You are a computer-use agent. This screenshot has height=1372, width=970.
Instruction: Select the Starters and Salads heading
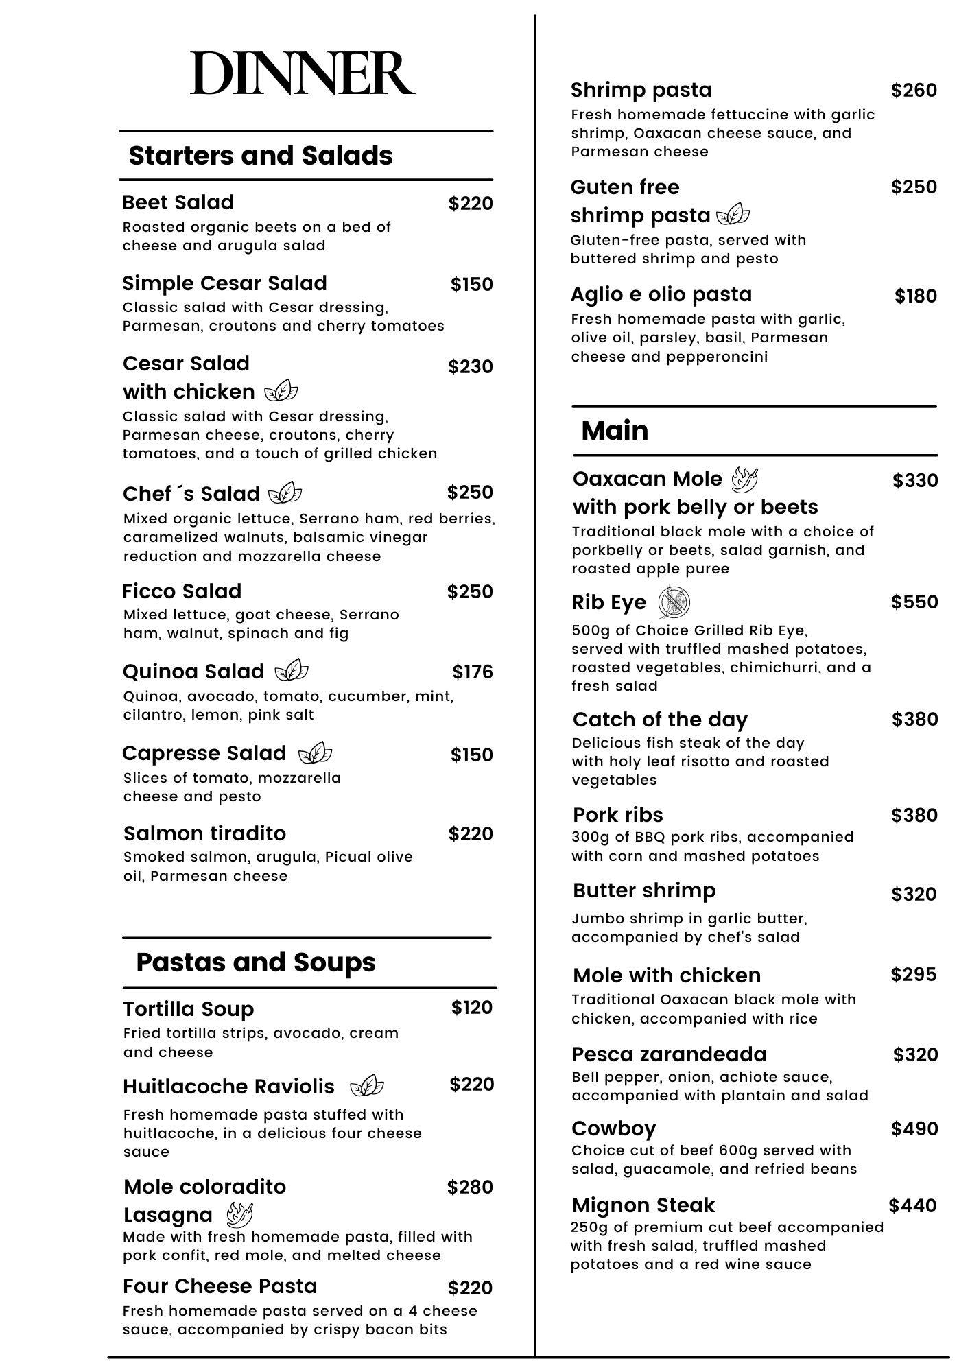[x=261, y=156]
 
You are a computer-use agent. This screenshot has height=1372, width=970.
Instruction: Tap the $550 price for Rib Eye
[x=914, y=602]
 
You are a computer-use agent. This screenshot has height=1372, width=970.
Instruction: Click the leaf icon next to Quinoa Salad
[x=292, y=670]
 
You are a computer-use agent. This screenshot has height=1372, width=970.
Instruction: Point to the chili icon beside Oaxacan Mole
[x=744, y=479]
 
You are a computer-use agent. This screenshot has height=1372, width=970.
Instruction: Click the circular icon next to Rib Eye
[x=674, y=602]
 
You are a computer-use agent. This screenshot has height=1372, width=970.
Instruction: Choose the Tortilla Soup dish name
[x=189, y=1009]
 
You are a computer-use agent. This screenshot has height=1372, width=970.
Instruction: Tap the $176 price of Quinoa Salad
[x=472, y=672]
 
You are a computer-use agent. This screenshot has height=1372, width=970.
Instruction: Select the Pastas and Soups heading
[x=256, y=962]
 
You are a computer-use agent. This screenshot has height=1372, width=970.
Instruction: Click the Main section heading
[x=615, y=431]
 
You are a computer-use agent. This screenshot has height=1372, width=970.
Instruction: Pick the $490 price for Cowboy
[x=914, y=1128]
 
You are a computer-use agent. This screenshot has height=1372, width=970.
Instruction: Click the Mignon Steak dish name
[x=643, y=1205]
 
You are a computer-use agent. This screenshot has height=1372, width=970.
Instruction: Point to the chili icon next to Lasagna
[x=239, y=1215]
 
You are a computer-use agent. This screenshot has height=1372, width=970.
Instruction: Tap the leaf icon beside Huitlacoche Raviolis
[x=367, y=1087]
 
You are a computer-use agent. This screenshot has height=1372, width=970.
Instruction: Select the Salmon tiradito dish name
[x=204, y=833]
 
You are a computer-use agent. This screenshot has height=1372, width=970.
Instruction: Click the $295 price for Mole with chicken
[x=914, y=974]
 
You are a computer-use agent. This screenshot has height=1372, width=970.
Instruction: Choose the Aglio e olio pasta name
[x=661, y=294]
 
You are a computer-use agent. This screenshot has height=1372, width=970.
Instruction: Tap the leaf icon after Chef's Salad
[x=285, y=493]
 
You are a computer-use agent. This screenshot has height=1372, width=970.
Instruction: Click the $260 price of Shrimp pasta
[x=914, y=90]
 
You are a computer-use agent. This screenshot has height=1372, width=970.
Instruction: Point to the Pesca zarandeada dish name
[x=669, y=1054]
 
